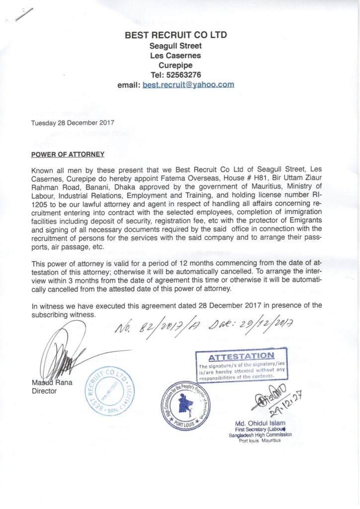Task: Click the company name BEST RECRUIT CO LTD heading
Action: pyautogui.click(x=176, y=35)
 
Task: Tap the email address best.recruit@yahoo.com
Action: pyautogui.click(x=188, y=85)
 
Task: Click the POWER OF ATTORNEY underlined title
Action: pyautogui.click(x=68, y=154)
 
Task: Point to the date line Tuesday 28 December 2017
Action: pyautogui.click(x=73, y=122)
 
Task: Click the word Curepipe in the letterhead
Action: pyautogui.click(x=176, y=65)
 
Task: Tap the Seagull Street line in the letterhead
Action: pyautogui.click(x=176, y=45)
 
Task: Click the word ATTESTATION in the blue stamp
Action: pyautogui.click(x=242, y=356)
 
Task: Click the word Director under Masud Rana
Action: pyautogui.click(x=44, y=391)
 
